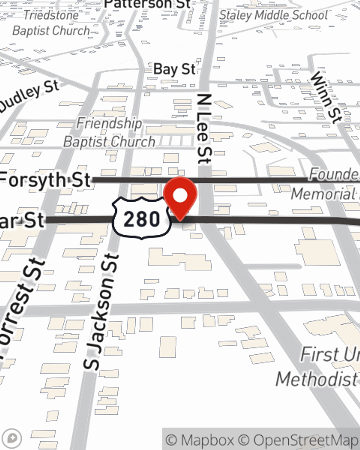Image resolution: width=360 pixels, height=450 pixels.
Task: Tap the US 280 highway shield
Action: pos(141,218)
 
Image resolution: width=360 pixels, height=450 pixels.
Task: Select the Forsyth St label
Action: pos(45,179)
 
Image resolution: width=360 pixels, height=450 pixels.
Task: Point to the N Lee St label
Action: pos(204,129)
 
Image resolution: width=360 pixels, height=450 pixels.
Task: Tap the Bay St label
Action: pos(174,69)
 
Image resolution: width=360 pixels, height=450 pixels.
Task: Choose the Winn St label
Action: pos(326,97)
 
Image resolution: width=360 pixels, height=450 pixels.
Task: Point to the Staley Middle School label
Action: pos(273,15)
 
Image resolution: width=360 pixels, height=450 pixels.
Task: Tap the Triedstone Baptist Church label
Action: pos(51,23)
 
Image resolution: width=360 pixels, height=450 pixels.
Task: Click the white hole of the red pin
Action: pos(180,195)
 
